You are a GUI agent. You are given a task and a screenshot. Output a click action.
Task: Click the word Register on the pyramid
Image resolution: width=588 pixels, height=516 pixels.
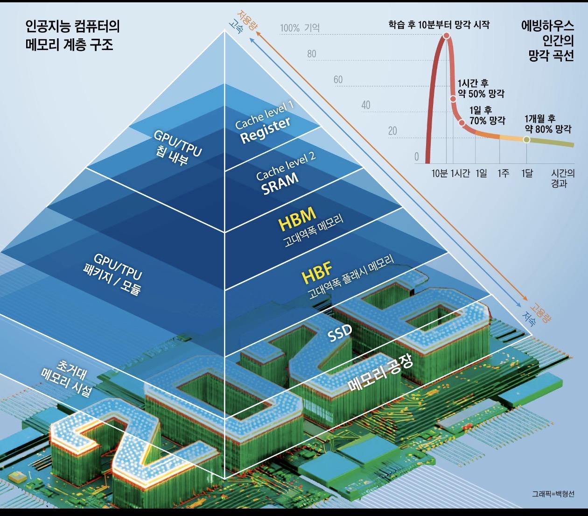265,130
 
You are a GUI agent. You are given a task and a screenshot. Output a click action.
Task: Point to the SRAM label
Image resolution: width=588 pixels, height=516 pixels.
280,183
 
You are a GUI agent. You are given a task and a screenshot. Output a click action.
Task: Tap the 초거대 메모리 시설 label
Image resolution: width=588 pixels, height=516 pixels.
67,378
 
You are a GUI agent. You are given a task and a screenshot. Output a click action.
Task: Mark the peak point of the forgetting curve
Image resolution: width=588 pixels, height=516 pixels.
447,35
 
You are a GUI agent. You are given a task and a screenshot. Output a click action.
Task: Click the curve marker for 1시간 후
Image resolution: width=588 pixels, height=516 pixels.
453,99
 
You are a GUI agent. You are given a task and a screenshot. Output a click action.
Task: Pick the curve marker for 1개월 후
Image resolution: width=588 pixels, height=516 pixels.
526,140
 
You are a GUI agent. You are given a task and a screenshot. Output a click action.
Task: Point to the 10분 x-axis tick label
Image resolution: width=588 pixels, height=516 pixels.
440,173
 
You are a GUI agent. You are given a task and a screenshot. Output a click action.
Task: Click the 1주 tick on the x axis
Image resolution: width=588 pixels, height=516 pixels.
503,173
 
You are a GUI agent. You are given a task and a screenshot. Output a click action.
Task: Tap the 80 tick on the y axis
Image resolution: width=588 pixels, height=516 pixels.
312,54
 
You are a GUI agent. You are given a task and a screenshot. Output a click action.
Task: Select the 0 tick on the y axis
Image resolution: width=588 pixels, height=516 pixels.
416,157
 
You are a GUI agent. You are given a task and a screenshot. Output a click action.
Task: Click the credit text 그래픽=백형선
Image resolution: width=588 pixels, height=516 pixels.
553,494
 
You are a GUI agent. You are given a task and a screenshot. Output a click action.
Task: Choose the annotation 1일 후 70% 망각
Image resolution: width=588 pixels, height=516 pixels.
487,115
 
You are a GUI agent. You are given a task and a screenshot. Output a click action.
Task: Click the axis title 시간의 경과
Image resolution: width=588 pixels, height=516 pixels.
563,178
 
